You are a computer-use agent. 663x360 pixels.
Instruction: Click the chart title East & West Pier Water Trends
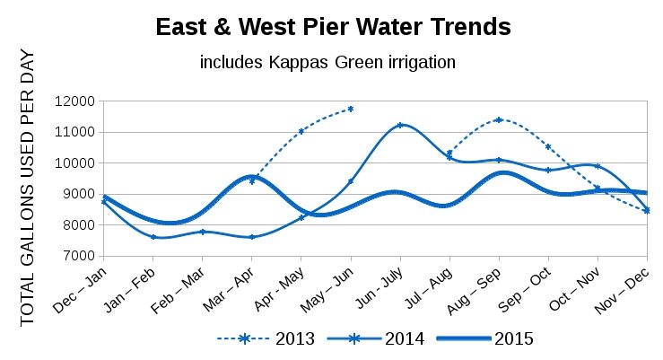333,28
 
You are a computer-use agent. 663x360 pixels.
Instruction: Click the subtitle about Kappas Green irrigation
328,63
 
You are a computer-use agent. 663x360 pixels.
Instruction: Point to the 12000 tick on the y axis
75,101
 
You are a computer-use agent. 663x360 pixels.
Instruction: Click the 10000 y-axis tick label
75,163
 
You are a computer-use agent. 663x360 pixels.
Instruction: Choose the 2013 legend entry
260,338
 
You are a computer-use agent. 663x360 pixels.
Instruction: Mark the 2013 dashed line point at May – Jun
351,109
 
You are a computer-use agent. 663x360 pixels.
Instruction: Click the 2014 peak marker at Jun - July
400,125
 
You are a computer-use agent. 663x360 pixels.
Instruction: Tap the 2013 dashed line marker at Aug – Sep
499,119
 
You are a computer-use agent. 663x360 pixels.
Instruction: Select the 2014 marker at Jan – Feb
153,237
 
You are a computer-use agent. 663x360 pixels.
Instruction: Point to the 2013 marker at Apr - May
301,131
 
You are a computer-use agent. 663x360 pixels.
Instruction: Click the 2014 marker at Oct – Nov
598,166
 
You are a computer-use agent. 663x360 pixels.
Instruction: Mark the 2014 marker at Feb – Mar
203,232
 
